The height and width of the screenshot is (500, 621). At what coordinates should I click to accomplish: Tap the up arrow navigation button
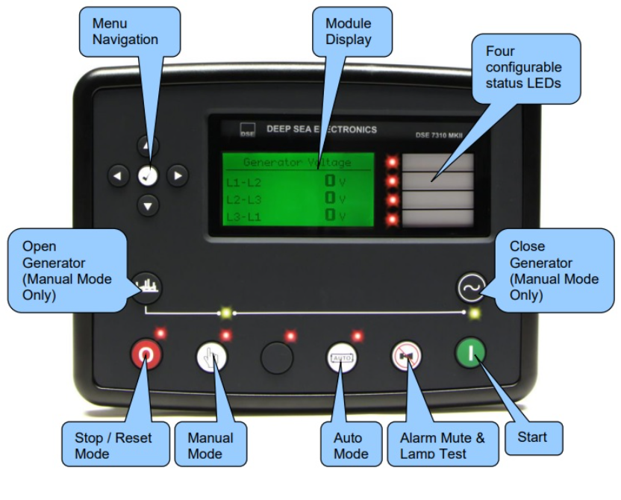148,146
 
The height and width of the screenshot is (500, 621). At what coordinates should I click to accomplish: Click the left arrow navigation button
118,175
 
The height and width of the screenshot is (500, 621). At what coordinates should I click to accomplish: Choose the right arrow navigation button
177,175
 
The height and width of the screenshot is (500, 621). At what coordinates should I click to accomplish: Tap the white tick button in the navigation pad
148,175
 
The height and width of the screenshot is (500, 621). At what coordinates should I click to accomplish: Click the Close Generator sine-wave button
472,286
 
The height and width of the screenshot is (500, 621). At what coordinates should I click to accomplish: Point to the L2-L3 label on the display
243,199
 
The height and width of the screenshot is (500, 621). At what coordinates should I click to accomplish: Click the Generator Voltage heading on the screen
297,162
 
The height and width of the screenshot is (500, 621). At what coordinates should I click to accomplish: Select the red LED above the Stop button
159,333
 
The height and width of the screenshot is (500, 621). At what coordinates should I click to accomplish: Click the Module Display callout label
349,31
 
